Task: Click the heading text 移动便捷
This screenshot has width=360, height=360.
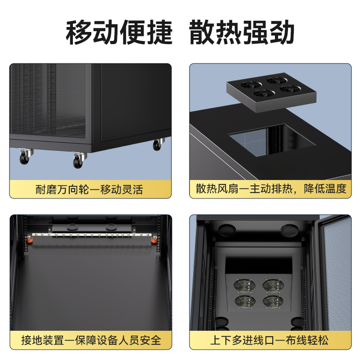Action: click(x=119, y=32)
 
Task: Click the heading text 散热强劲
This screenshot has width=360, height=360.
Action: click(x=242, y=32)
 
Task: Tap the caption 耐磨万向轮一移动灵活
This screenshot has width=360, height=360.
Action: click(x=89, y=189)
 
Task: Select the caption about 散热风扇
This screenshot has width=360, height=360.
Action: click(x=271, y=189)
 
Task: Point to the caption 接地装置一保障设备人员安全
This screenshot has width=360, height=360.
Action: click(x=91, y=340)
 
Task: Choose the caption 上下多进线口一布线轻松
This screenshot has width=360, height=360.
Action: click(x=269, y=340)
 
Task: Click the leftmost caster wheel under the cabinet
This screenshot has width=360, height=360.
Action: click(x=25, y=157)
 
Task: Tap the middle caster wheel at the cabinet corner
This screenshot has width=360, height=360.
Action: click(x=79, y=160)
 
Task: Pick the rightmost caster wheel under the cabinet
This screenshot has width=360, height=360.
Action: click(x=158, y=144)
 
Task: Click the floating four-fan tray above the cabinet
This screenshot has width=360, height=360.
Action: click(x=271, y=92)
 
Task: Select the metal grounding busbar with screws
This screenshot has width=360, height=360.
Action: click(x=92, y=234)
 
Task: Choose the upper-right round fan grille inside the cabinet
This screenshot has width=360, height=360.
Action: click(x=273, y=285)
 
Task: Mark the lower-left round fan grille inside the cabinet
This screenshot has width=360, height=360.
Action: click(x=245, y=301)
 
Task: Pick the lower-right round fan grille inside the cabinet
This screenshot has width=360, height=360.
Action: click(x=273, y=301)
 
